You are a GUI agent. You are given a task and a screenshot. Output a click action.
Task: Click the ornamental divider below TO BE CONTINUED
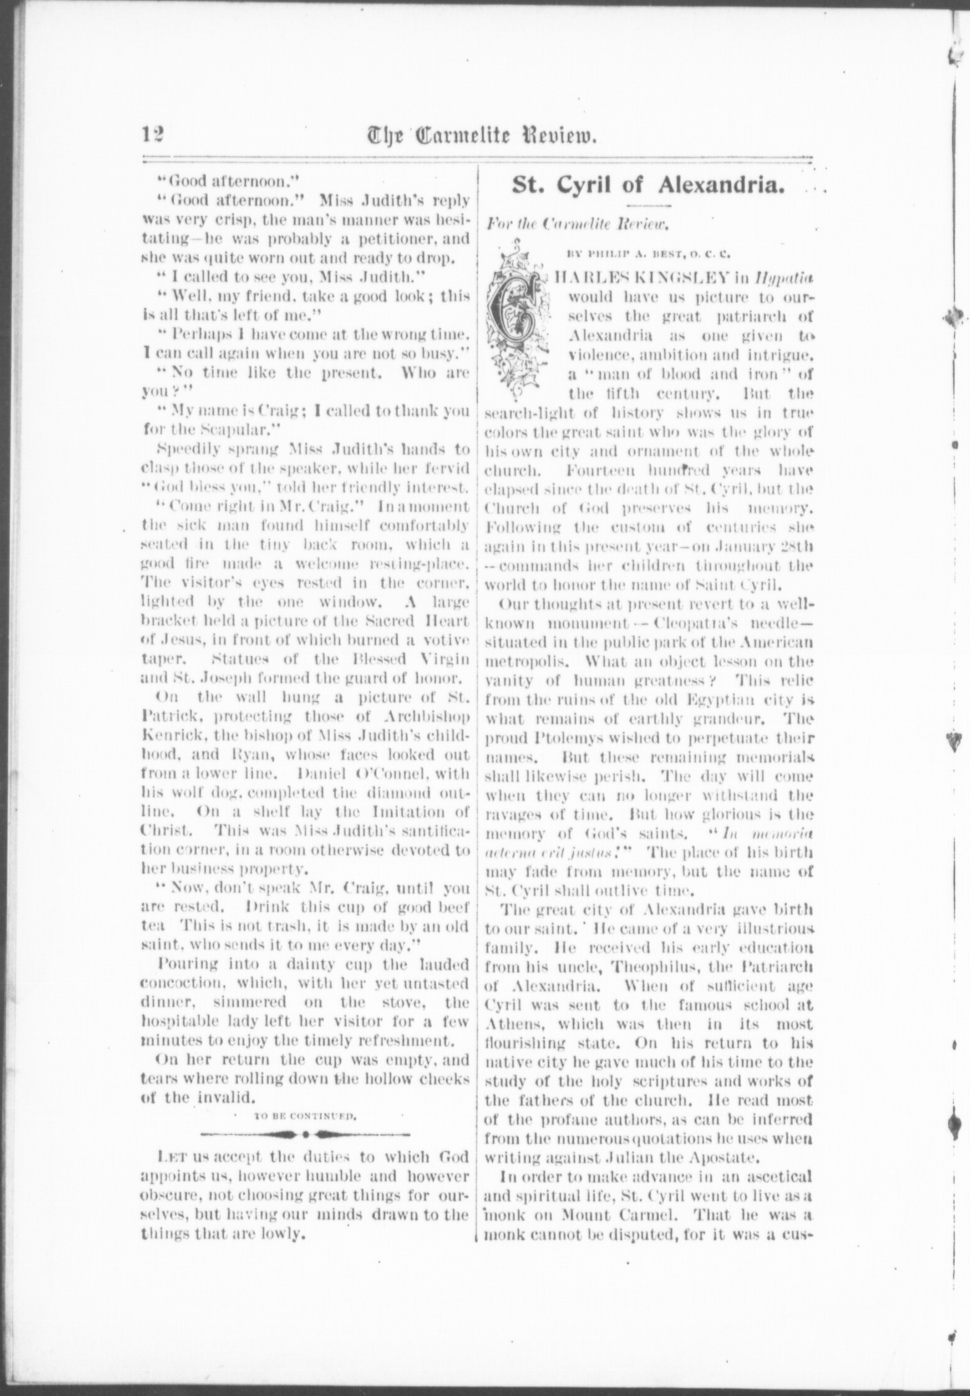(305, 1135)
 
